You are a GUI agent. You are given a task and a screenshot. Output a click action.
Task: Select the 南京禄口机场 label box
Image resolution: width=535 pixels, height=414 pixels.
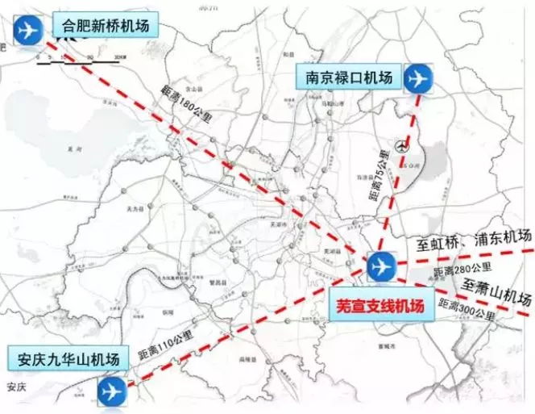click(348, 78)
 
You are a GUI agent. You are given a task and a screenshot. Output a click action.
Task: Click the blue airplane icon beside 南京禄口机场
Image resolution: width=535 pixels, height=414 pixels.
click(417, 78)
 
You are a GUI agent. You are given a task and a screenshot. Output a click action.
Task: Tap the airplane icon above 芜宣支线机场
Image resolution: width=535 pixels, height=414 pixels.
click(380, 266)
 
